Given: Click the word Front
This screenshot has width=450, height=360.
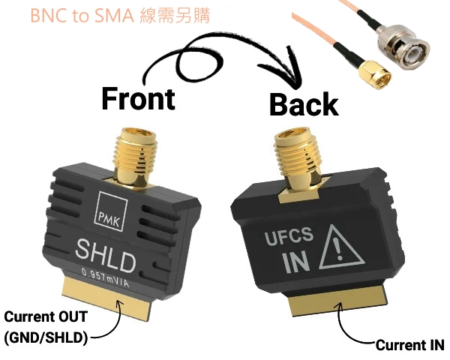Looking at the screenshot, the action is coord(138,99).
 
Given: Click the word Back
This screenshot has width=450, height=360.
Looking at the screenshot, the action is coord(304,104).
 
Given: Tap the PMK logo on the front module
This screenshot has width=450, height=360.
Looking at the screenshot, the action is coord(111,211).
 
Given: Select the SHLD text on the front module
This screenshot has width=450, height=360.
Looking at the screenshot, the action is coord(106,256).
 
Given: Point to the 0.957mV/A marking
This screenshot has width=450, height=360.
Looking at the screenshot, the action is coord(106,277).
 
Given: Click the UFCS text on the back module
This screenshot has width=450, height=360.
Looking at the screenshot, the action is coord(289,239).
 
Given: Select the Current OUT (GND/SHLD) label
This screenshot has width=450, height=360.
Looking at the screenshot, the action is coord(46,327).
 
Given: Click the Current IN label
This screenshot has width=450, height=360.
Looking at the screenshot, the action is coord(409,345).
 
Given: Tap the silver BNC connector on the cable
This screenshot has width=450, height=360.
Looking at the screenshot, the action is coord(403,46).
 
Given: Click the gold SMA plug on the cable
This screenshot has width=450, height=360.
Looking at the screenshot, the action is coord(374,74).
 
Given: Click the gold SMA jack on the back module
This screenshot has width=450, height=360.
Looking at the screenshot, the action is coord(297,163).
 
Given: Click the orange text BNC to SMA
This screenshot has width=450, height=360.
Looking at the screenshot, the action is coord(82,16).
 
